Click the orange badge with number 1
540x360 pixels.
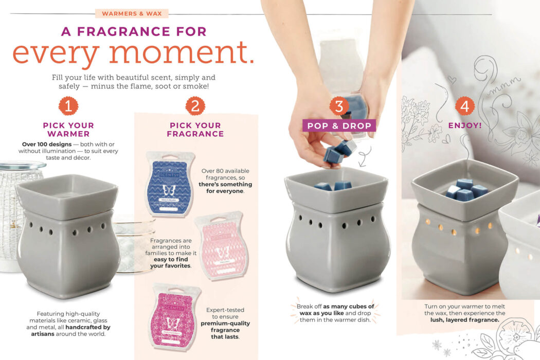click(68, 106)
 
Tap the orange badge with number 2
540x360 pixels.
click(195, 106)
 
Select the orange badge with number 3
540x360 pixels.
click(339, 106)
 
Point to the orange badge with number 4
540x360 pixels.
click(465, 106)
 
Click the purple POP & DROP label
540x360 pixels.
click(339, 125)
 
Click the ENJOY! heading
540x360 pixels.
click(465, 125)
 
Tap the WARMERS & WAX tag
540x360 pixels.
click(132, 13)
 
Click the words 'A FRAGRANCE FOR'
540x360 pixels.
click(134, 31)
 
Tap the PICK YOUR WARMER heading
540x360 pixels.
click(68, 130)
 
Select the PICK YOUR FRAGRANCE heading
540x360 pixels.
click(195, 130)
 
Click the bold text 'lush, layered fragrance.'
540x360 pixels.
click(465, 320)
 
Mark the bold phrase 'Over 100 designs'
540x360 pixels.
click(47, 144)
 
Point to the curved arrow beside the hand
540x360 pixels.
click(365, 155)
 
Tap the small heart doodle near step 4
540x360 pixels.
click(452, 80)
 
